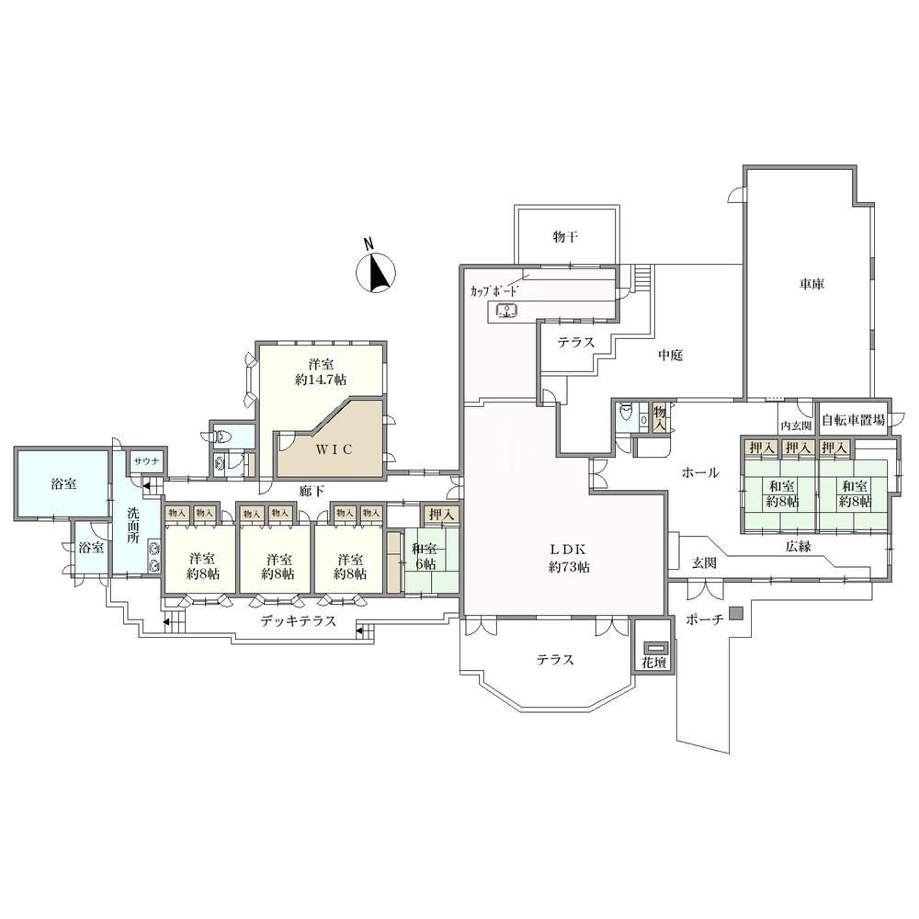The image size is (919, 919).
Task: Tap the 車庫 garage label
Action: (811, 285)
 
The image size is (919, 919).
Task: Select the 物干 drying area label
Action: (565, 237)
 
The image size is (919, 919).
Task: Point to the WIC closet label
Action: (335, 449)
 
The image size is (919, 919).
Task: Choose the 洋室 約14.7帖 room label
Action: (321, 371)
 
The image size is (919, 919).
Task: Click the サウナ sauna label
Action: (146, 461)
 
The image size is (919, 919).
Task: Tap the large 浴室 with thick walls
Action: (63, 484)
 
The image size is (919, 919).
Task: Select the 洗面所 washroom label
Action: (133, 525)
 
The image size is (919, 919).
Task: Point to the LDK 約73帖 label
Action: (569, 559)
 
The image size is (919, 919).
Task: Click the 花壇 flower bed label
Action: (656, 664)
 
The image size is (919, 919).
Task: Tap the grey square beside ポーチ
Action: (736, 614)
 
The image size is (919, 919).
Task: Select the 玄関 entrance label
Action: (705, 563)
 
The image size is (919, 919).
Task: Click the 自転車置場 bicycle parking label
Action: (854, 420)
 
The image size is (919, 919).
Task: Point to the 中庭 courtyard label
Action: (670, 356)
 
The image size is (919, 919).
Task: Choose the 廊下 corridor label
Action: (312, 491)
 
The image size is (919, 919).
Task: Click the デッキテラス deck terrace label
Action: (299, 621)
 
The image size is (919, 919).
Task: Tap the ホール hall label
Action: (700, 473)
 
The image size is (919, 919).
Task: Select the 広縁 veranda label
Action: (799, 547)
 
